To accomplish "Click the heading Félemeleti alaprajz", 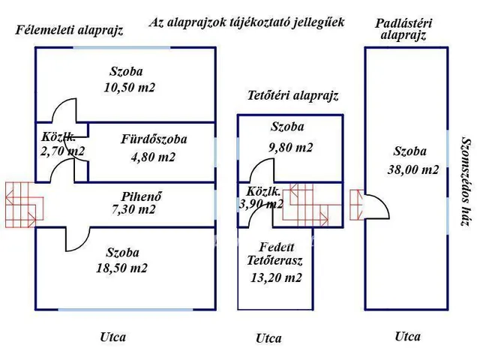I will pos(69,31).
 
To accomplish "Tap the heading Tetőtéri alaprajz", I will pos(293,95).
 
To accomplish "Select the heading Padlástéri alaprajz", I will pos(402,29).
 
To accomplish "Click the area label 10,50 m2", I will pos(130,88).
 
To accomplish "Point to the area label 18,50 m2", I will pos(122,268).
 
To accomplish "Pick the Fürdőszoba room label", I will pos(154,139).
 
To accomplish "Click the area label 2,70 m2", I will pos(64,151).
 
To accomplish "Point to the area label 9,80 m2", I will pos(291,148).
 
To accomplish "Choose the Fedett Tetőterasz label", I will pos(276,254).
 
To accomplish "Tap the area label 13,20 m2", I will pos(276,277).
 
